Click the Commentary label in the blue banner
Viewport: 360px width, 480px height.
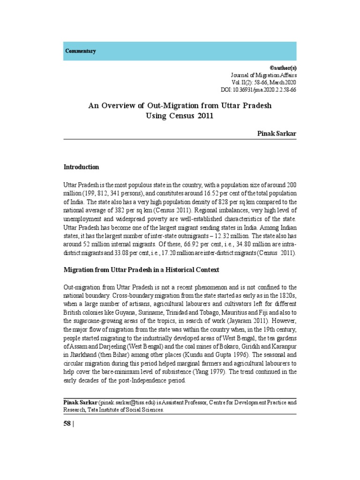[x=81, y=51]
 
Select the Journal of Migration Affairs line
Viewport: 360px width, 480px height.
[x=263, y=75]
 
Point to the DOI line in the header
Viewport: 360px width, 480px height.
[x=258, y=90]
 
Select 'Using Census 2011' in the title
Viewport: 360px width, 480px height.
[x=180, y=116]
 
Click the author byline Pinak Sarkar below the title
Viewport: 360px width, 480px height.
[x=277, y=133]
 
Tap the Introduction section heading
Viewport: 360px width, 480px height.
[x=81, y=167]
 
